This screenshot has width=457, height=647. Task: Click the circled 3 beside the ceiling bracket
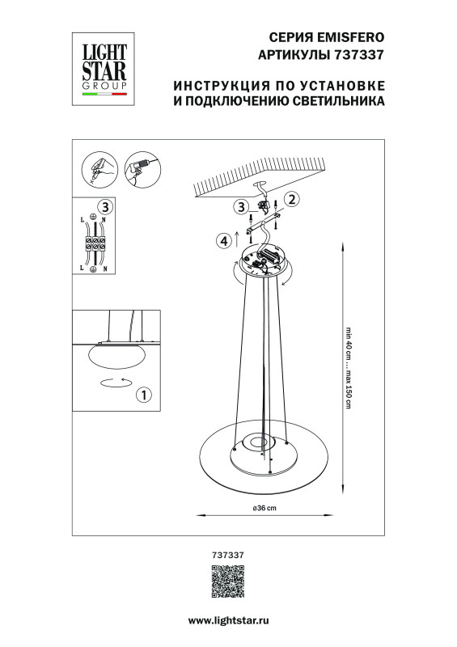click(x=241, y=207)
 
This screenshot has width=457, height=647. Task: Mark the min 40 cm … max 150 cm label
click(x=349, y=369)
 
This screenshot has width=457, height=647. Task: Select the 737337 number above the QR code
click(x=227, y=555)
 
